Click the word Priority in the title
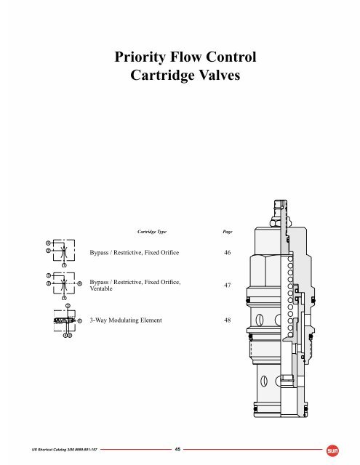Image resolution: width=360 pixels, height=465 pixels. point(137,59)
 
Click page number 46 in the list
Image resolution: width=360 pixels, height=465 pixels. point(227,253)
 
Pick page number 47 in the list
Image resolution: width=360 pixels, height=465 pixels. point(227,286)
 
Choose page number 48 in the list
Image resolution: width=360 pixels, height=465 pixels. point(227,320)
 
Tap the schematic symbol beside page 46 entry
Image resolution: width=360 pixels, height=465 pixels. point(63,252)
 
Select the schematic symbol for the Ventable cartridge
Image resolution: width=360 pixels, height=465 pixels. point(64,285)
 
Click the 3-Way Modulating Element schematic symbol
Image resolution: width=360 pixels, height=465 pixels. point(64,320)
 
